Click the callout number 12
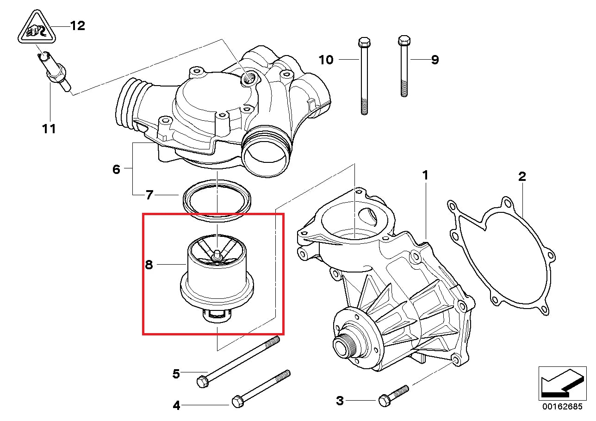tap(77, 25)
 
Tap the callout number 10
tap(326, 60)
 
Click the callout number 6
tap(116, 169)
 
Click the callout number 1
tap(425, 175)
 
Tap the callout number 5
tap(176, 373)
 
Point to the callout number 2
tap(521, 176)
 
